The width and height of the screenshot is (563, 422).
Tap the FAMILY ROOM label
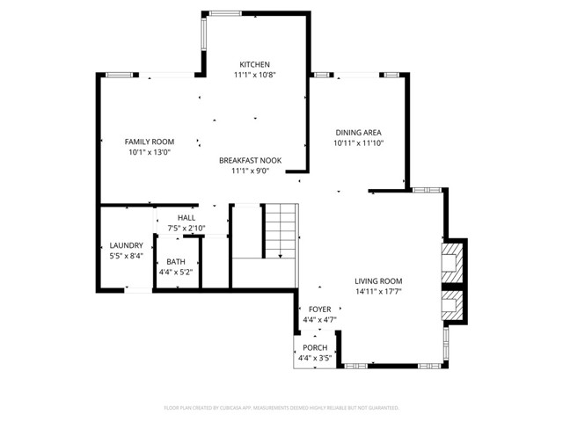pos(149,142)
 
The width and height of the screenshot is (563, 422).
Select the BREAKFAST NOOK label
pos(250,161)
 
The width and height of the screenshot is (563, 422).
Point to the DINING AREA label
pos(358,132)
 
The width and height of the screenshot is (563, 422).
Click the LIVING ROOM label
pos(384,281)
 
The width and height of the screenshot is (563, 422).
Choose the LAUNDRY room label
pos(126,245)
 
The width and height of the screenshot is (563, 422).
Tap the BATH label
pos(176,261)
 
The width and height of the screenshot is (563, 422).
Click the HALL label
pos(186,218)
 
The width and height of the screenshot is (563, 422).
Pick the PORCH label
pos(314,348)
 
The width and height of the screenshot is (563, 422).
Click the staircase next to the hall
pos(281,230)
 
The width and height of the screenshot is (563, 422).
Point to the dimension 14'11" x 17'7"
pos(384,292)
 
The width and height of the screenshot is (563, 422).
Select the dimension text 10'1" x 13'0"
pos(149,152)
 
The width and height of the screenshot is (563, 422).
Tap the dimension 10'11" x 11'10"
pos(358,142)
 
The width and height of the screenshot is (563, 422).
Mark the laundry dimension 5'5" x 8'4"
pos(126,256)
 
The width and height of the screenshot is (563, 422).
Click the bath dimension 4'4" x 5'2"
pos(176,273)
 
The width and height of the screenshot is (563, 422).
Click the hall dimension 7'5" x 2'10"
pos(186,229)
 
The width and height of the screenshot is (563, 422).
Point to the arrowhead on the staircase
pos(281,256)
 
